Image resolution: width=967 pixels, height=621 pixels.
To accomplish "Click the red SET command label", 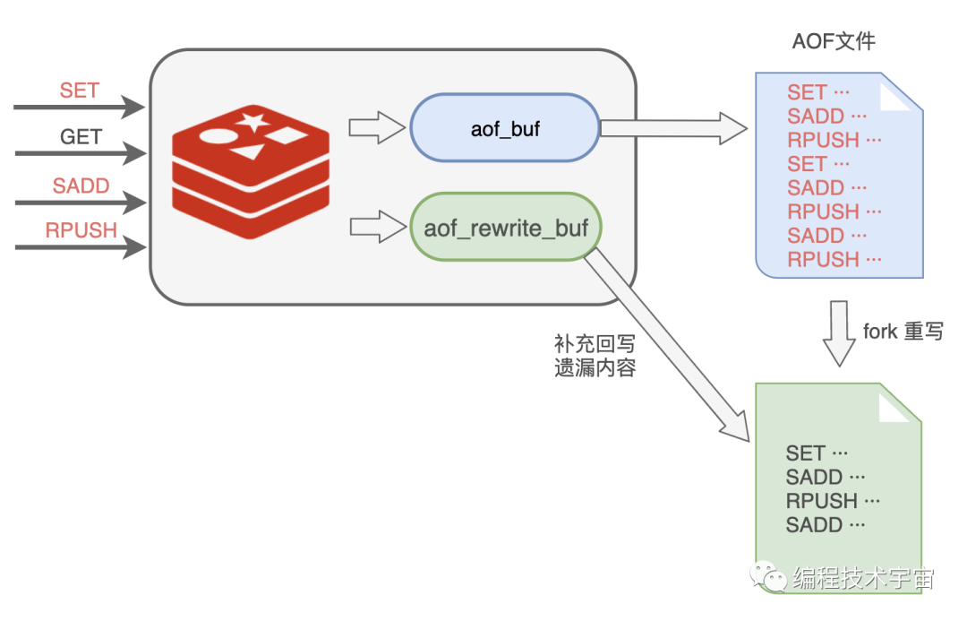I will pos(80,91).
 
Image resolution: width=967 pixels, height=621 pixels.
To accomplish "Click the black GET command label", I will pos(81,137).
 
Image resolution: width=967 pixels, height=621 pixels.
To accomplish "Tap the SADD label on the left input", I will pos(81,185).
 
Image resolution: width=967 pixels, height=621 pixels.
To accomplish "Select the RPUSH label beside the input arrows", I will pos(81,230).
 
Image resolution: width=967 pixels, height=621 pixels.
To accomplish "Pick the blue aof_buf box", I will pos(505,128).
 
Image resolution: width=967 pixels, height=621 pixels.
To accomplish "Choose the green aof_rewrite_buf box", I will pos(506,228).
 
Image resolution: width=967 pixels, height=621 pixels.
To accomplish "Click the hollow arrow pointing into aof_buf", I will pos(376,128).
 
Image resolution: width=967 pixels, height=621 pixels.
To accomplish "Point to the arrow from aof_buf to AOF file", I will pos(672,128).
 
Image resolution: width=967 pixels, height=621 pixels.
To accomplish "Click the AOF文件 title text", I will pos(833,41).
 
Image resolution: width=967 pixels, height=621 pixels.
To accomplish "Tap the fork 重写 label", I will pos(903,331).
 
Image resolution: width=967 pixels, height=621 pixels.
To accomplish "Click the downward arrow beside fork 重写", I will pos(839,332).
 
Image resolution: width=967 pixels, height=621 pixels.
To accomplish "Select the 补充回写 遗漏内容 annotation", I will pos(595,356).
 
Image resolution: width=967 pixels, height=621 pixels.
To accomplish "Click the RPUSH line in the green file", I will pos(834,501).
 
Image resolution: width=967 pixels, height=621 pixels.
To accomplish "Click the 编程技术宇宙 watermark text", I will pos(863,579).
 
